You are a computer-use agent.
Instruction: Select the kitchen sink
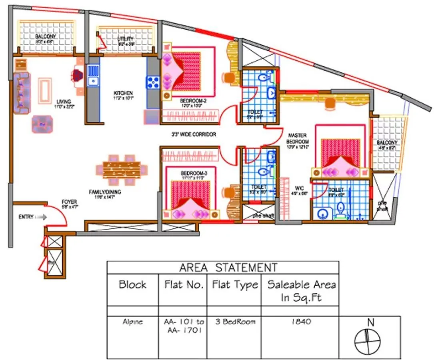point(93,76)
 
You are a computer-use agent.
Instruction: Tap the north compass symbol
point(367,340)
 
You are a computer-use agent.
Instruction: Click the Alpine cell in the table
point(132,322)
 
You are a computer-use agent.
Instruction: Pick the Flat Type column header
point(234,285)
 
